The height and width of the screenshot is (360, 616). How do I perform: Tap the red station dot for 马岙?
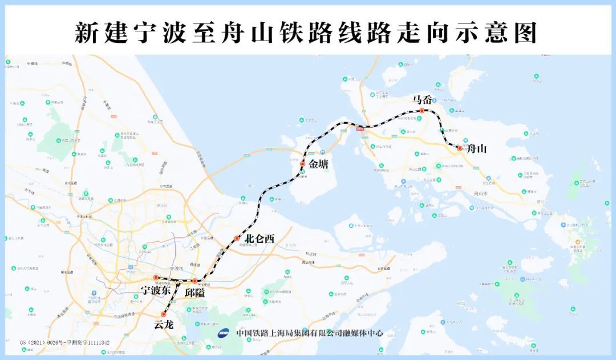(422, 110)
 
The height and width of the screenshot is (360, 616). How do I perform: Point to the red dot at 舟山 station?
(459, 148)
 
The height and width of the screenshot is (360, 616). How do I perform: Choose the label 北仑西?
(260, 239)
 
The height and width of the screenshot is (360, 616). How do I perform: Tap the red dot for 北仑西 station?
(237, 238)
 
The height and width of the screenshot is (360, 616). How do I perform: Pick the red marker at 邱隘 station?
(194, 281)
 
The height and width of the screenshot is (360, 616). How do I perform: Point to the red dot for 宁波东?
(155, 278)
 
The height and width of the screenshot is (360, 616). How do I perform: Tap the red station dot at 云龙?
(164, 314)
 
